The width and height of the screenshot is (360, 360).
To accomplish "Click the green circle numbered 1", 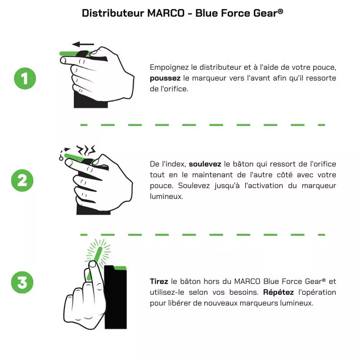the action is point(25,78).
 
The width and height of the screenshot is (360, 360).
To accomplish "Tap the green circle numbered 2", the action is point(22,180).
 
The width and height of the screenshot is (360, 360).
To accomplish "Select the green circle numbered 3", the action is point(22,282).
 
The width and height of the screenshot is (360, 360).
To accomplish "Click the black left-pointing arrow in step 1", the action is point(83,44).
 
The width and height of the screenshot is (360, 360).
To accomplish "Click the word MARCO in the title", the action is point(166,13).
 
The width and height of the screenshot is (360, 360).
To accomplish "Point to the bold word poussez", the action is point(165,78).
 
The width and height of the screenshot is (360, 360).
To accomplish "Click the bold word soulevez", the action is point(205,164).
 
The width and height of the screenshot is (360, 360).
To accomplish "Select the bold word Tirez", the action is point(159,281).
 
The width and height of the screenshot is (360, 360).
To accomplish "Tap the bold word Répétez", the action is point(278,292).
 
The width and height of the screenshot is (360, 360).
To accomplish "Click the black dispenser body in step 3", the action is point(116,297).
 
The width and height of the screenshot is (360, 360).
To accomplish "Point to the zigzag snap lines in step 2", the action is point(86,149).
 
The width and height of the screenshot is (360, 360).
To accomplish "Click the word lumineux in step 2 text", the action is point(166,196).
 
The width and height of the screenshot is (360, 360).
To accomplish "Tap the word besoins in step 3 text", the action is point(243,292).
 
